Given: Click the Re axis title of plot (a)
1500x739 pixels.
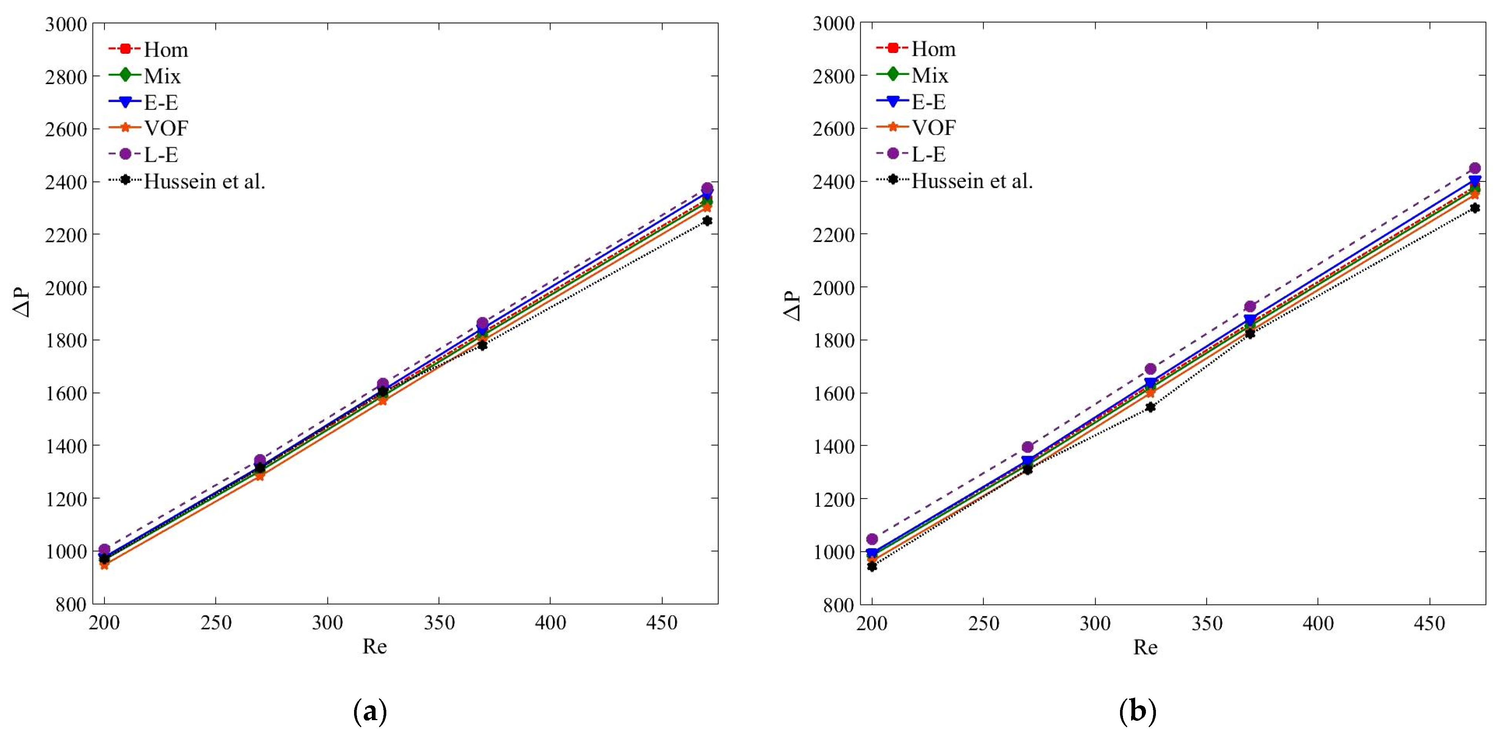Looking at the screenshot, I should coord(374,646).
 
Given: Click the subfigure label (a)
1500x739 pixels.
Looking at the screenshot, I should coord(370,712).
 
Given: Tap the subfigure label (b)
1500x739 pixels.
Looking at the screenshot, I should coord(1137,712).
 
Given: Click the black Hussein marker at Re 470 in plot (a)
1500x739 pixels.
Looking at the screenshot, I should coord(707,221).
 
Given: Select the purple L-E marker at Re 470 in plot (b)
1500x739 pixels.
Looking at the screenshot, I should coord(1474,168).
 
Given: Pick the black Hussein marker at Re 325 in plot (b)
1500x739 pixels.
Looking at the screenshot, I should coord(1150,407).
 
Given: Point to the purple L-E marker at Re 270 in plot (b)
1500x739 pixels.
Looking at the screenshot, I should coord(1028,447).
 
